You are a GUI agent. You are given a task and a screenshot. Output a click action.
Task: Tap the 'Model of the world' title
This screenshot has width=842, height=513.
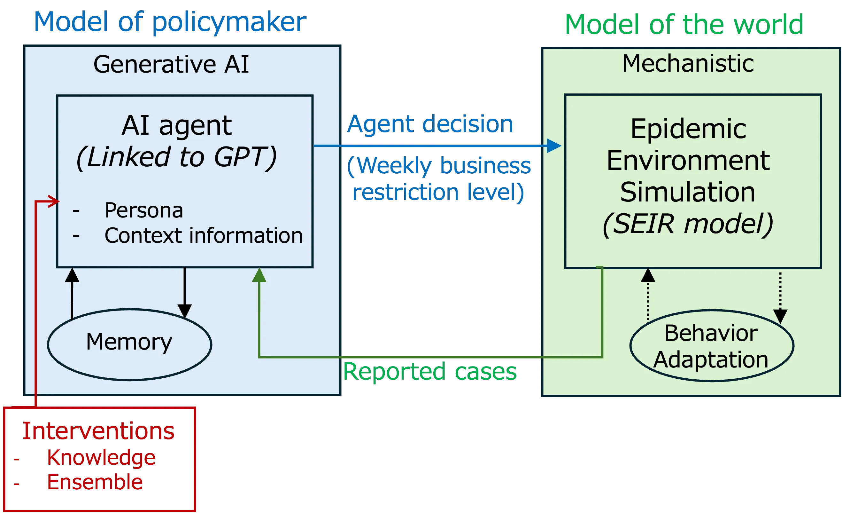click(x=684, y=25)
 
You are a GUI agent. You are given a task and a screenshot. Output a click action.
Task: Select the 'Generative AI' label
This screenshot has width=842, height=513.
click(x=171, y=64)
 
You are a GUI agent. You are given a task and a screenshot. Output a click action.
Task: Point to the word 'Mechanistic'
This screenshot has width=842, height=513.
click(x=688, y=64)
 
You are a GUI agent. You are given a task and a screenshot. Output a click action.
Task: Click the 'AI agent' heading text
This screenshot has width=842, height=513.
click(x=177, y=125)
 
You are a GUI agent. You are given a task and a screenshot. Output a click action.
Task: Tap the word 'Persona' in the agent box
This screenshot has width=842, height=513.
click(x=143, y=210)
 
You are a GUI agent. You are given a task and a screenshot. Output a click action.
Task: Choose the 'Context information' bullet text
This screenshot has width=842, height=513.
click(x=204, y=236)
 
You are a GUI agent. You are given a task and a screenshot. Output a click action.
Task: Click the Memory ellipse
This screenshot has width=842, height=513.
click(x=129, y=344)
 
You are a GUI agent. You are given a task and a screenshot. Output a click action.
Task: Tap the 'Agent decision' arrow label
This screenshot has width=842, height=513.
click(x=430, y=124)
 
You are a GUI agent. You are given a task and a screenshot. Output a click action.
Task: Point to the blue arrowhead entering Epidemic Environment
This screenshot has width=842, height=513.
click(x=553, y=146)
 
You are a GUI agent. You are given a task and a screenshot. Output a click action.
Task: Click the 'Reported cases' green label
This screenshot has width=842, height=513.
click(x=430, y=372)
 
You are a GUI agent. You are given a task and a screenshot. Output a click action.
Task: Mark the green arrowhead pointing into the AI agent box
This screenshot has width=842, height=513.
click(x=259, y=276)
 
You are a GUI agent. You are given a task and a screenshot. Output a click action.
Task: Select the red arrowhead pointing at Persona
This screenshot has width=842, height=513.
click(x=54, y=201)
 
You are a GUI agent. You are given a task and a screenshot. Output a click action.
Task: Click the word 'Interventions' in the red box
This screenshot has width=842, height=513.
click(x=99, y=431)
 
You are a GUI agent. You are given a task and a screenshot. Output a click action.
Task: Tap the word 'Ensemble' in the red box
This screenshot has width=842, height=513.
click(x=95, y=483)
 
